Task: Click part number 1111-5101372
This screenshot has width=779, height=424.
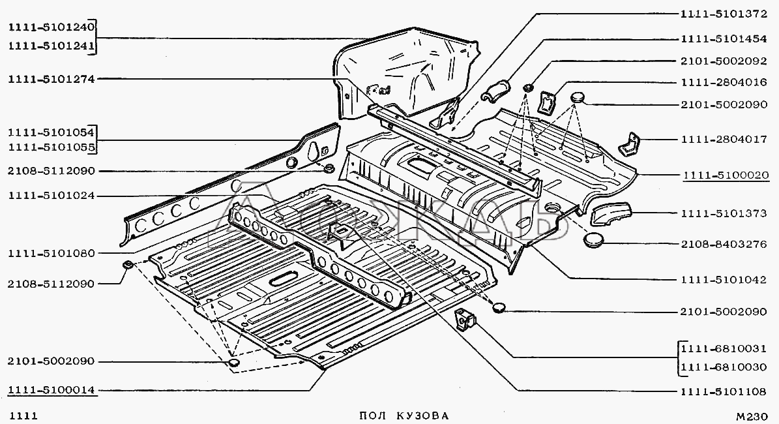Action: (x=724, y=14)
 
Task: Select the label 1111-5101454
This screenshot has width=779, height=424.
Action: (x=724, y=38)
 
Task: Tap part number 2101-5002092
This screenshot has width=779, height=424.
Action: (x=724, y=61)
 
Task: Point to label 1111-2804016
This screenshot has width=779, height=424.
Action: (x=724, y=82)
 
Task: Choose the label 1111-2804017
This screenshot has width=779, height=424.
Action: (x=724, y=140)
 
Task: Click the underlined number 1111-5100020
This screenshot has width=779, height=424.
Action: (x=726, y=175)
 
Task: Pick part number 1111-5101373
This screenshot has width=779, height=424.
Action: (x=724, y=214)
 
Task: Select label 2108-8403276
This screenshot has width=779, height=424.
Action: (x=724, y=245)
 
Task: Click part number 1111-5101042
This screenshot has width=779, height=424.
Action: (x=724, y=280)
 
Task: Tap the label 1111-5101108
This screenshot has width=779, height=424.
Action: (x=724, y=391)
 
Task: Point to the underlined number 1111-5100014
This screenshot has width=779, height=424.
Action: (x=51, y=390)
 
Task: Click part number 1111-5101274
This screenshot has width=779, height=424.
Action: (x=51, y=78)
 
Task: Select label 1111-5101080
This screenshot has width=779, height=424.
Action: (x=51, y=254)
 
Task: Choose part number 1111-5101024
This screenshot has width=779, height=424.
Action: (x=51, y=196)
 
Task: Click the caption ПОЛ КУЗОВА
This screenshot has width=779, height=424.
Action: (x=404, y=416)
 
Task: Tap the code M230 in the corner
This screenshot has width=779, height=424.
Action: (x=752, y=417)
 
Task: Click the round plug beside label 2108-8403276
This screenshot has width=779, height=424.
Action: (x=594, y=241)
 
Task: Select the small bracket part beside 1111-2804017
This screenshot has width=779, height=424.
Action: (x=629, y=144)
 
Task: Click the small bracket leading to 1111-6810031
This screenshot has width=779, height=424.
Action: (x=465, y=319)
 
